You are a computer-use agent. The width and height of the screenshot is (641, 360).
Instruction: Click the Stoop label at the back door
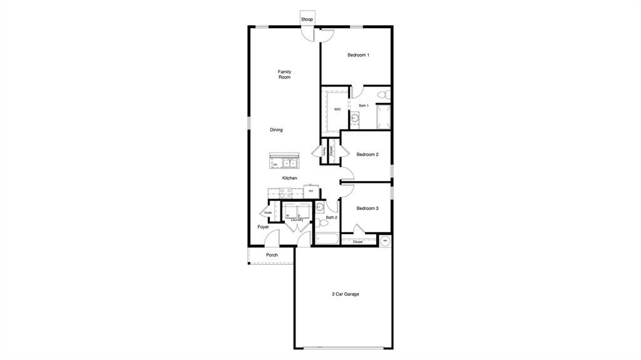click(307, 19)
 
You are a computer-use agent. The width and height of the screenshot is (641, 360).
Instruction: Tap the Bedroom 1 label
click(358, 55)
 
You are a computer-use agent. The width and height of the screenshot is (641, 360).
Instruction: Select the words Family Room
click(285, 75)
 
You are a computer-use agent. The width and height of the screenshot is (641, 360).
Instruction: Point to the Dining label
click(276, 130)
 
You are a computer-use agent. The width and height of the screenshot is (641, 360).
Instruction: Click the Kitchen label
click(289, 178)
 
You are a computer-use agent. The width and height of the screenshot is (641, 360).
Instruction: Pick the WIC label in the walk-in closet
click(337, 109)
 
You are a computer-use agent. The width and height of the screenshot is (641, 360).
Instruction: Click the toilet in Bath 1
click(386, 95)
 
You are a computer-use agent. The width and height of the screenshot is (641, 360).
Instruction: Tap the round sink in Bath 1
click(354, 117)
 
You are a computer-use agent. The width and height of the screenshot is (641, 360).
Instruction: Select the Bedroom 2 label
click(367, 155)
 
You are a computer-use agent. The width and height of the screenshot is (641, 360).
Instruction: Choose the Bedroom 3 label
click(367, 208)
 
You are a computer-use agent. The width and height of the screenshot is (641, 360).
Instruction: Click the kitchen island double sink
click(289, 164)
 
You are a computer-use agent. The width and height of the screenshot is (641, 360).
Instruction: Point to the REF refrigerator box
click(311, 190)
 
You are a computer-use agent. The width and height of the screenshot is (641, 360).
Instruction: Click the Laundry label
click(297, 220)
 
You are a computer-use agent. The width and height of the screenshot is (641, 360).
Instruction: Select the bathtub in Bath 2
click(327, 239)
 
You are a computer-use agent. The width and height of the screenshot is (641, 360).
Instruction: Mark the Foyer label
click(264, 227)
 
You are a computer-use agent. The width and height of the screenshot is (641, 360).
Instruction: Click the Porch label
click(272, 255)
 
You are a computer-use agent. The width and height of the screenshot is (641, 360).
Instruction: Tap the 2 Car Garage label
click(346, 294)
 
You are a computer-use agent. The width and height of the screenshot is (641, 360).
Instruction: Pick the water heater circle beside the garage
click(386, 240)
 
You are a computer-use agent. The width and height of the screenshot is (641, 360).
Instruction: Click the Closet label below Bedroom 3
click(358, 242)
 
